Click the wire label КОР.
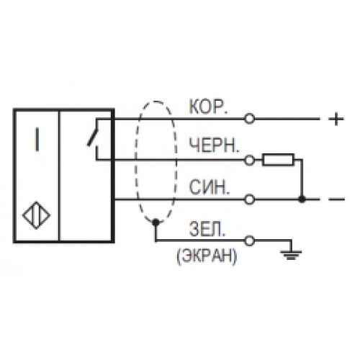[208, 107]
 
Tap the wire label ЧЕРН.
[215, 145]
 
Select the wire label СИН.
[210, 187]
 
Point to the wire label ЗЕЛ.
[207, 229]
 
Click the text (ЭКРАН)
[207, 256]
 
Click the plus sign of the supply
[336, 119]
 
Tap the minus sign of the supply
[336, 199]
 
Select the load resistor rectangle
[278, 160]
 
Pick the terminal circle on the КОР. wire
[249, 119]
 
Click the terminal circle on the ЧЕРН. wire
[249, 160]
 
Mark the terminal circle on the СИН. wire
[249, 199]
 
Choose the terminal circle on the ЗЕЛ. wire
[249, 240]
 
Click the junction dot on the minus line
[302, 199]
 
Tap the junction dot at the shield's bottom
[156, 222]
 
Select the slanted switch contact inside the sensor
[93, 137]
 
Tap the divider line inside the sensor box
[59, 176]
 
